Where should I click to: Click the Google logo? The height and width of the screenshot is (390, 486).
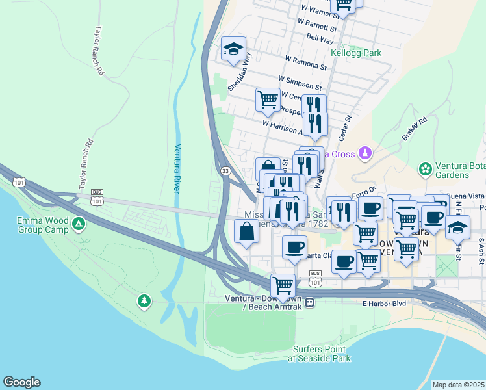pos(21,382)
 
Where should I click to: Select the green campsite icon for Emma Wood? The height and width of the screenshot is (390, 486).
pos(79,224)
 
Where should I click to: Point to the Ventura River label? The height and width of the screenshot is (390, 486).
pos(176,168)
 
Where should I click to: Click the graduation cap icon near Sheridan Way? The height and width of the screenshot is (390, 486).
pos(233,49)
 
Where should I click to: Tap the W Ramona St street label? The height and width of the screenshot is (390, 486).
pos(305,62)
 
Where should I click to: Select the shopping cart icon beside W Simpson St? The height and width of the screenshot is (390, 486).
pos(267,99)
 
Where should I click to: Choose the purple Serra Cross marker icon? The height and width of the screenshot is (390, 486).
pos(366,153)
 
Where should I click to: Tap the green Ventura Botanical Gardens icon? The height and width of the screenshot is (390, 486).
pos(426,169)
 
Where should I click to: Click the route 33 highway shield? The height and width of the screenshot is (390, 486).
pos(224,170)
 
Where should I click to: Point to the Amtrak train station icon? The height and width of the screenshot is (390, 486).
pos(311,302)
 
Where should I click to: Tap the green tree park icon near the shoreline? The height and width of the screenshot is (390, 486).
pos(144,301)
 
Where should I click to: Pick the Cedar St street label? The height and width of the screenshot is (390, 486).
pos(344,129)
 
